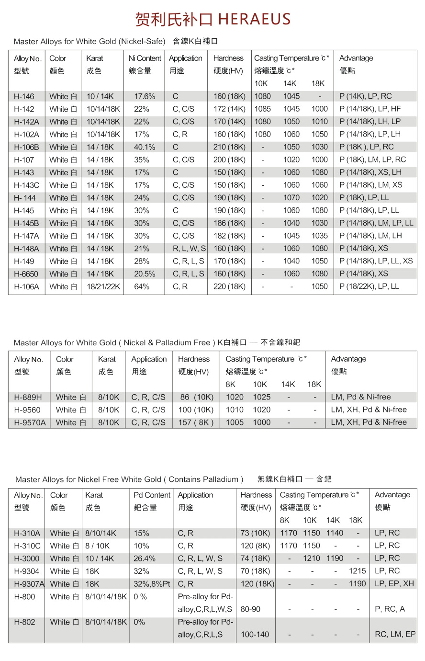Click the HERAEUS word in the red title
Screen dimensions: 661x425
coord(254,19)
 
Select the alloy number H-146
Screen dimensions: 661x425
coord(24,96)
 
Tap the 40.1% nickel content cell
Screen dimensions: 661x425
coord(145,147)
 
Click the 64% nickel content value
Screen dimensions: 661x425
coord(142,286)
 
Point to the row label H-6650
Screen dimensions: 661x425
coord(26,274)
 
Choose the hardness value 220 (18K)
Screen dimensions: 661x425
coord(229,286)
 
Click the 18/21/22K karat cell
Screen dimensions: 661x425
coord(103,286)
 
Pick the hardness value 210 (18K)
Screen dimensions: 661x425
coord(229,147)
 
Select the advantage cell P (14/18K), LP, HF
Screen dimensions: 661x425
coord(370,109)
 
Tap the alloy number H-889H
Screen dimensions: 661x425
coord(28,397)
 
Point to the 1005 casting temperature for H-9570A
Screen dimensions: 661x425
coord(235,422)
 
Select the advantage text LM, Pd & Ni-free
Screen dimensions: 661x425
coord(361,397)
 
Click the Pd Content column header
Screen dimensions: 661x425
coord(152,495)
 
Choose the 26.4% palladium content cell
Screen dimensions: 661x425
coord(145,558)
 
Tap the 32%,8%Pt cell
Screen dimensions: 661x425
coord(152,584)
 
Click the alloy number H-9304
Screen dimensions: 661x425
coord(27,571)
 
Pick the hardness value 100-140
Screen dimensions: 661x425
coord(255,635)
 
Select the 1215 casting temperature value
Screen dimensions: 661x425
coord(357,571)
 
